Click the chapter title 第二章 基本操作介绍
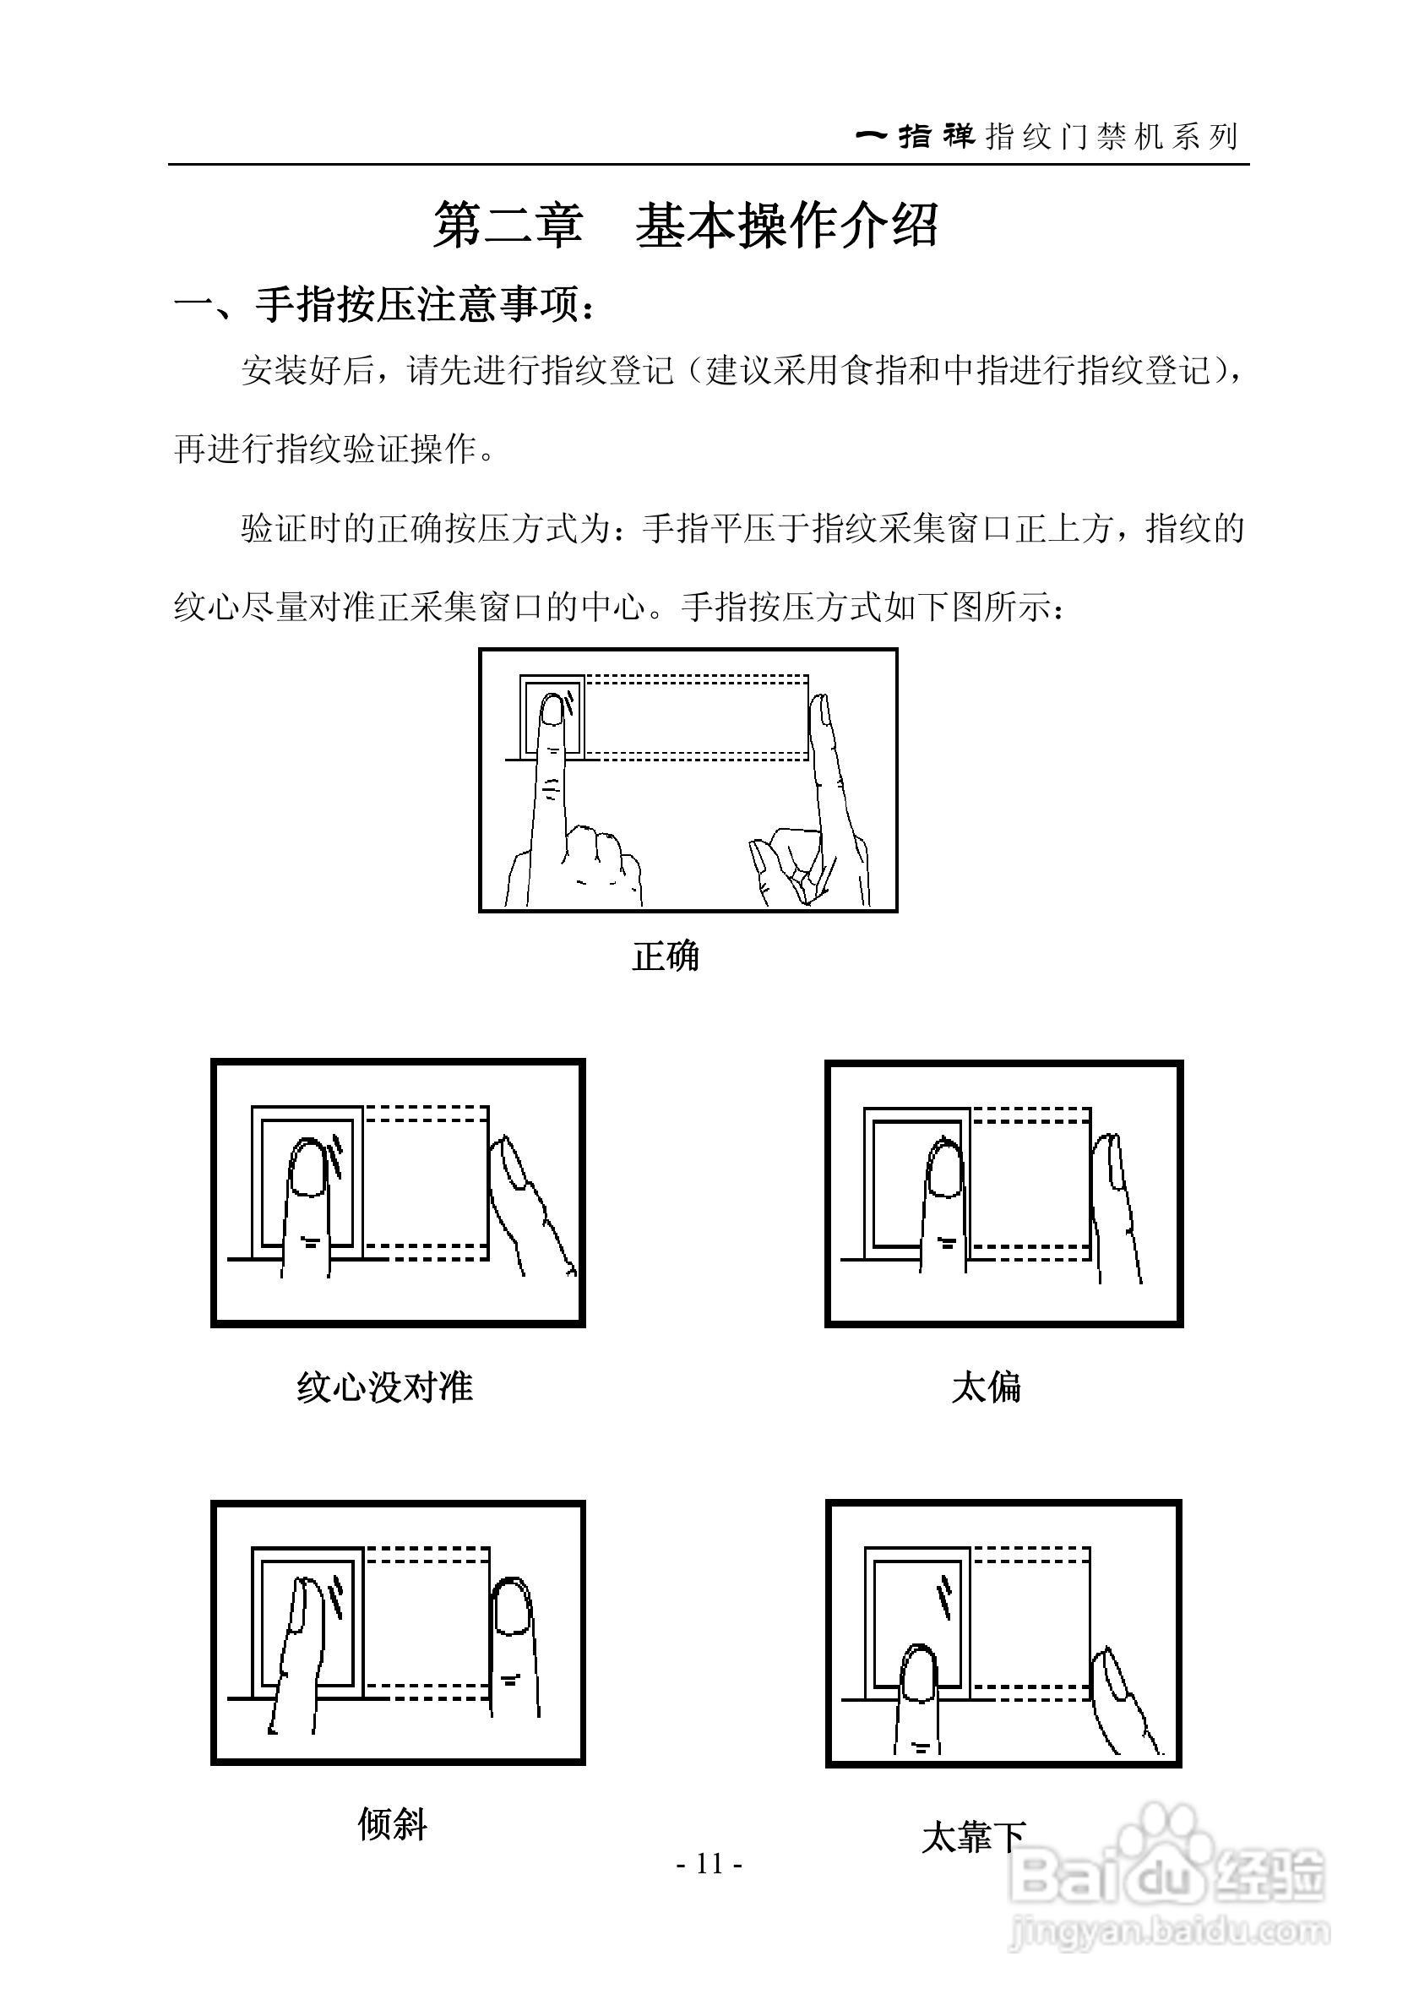pos(687,226)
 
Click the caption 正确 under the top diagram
pos(666,956)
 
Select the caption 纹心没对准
pos(385,1387)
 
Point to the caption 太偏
pos(986,1387)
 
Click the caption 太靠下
pos(972,1836)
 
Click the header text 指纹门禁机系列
pos(1112,137)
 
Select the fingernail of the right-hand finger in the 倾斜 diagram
pos(512,1607)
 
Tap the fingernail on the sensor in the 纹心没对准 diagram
pos(309,1169)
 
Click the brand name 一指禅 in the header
pos(915,137)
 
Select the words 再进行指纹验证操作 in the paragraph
pos(335,450)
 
